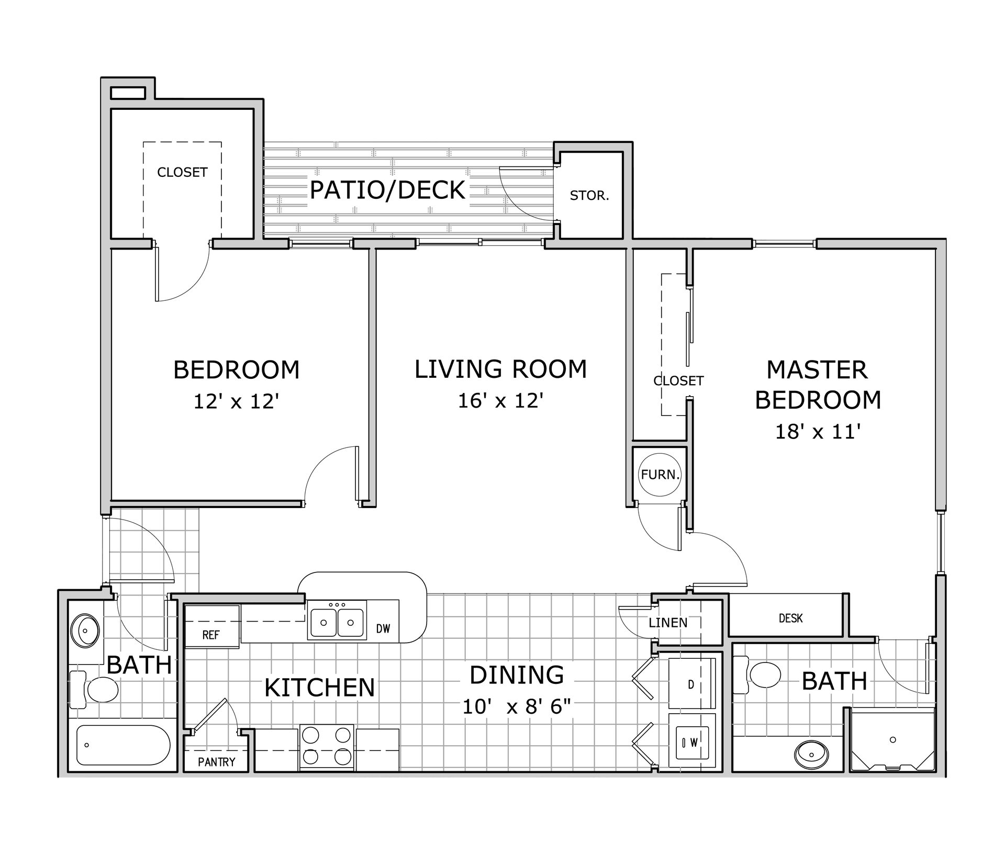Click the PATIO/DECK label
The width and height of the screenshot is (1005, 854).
tap(387, 190)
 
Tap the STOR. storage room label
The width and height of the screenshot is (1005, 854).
tap(589, 196)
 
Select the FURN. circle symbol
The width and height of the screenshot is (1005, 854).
tap(660, 475)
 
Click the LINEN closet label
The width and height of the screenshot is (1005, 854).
tap(668, 623)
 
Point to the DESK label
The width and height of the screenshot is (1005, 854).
tap(790, 619)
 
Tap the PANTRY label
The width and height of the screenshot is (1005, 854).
tap(217, 762)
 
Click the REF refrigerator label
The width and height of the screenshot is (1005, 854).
tap(211, 635)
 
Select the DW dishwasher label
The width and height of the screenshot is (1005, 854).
tap(383, 629)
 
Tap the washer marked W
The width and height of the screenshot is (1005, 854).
tap(691, 741)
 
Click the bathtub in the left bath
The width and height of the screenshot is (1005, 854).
tap(124, 745)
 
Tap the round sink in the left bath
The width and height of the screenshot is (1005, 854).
tap(88, 631)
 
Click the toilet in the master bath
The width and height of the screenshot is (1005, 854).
tap(757, 675)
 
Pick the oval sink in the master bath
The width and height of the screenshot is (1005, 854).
tap(811, 755)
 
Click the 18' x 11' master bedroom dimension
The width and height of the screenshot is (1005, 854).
tap(818, 432)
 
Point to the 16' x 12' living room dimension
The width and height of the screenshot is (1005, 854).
tap(501, 401)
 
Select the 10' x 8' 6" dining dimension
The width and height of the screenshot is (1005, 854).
tap(517, 707)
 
